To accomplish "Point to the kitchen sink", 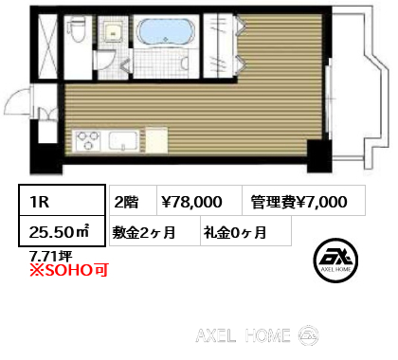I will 124,141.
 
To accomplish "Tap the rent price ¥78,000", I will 192,201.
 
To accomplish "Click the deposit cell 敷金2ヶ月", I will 144,230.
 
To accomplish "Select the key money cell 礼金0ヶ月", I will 233,230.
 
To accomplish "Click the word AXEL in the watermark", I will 224,334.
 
